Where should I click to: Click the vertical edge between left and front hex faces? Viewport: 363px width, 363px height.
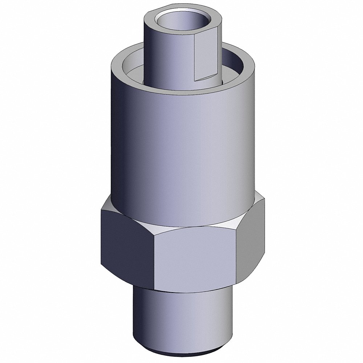pyautogui.click(x=155, y=261)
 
